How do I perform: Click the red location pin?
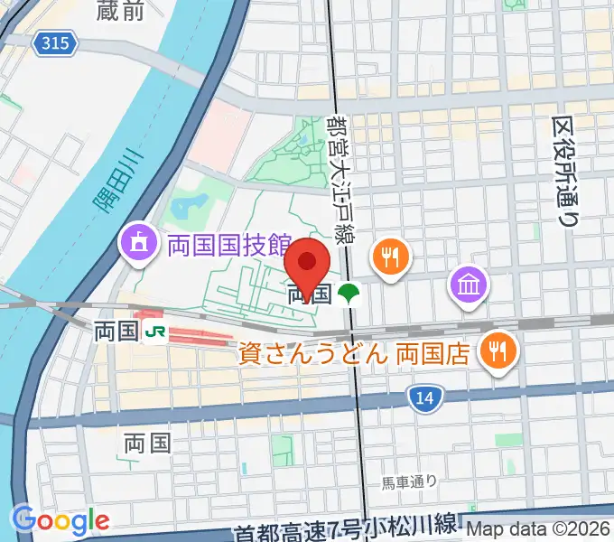(307, 265)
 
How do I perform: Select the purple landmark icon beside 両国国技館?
(139, 243)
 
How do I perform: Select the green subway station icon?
(348, 293)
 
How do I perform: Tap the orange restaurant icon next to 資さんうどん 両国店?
(498, 348)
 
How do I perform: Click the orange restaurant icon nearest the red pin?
(390, 257)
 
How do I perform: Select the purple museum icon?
(470, 285)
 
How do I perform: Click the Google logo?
(60, 520)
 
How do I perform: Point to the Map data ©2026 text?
(537, 532)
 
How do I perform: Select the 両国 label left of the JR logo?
(115, 332)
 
